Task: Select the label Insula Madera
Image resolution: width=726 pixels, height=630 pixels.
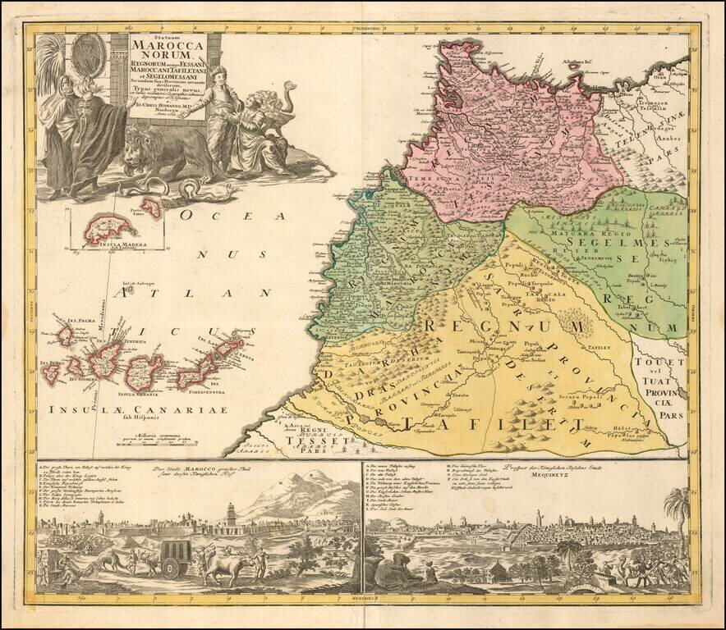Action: [x=108, y=242]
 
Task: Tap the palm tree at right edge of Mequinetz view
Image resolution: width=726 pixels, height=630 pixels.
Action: [x=678, y=509]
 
